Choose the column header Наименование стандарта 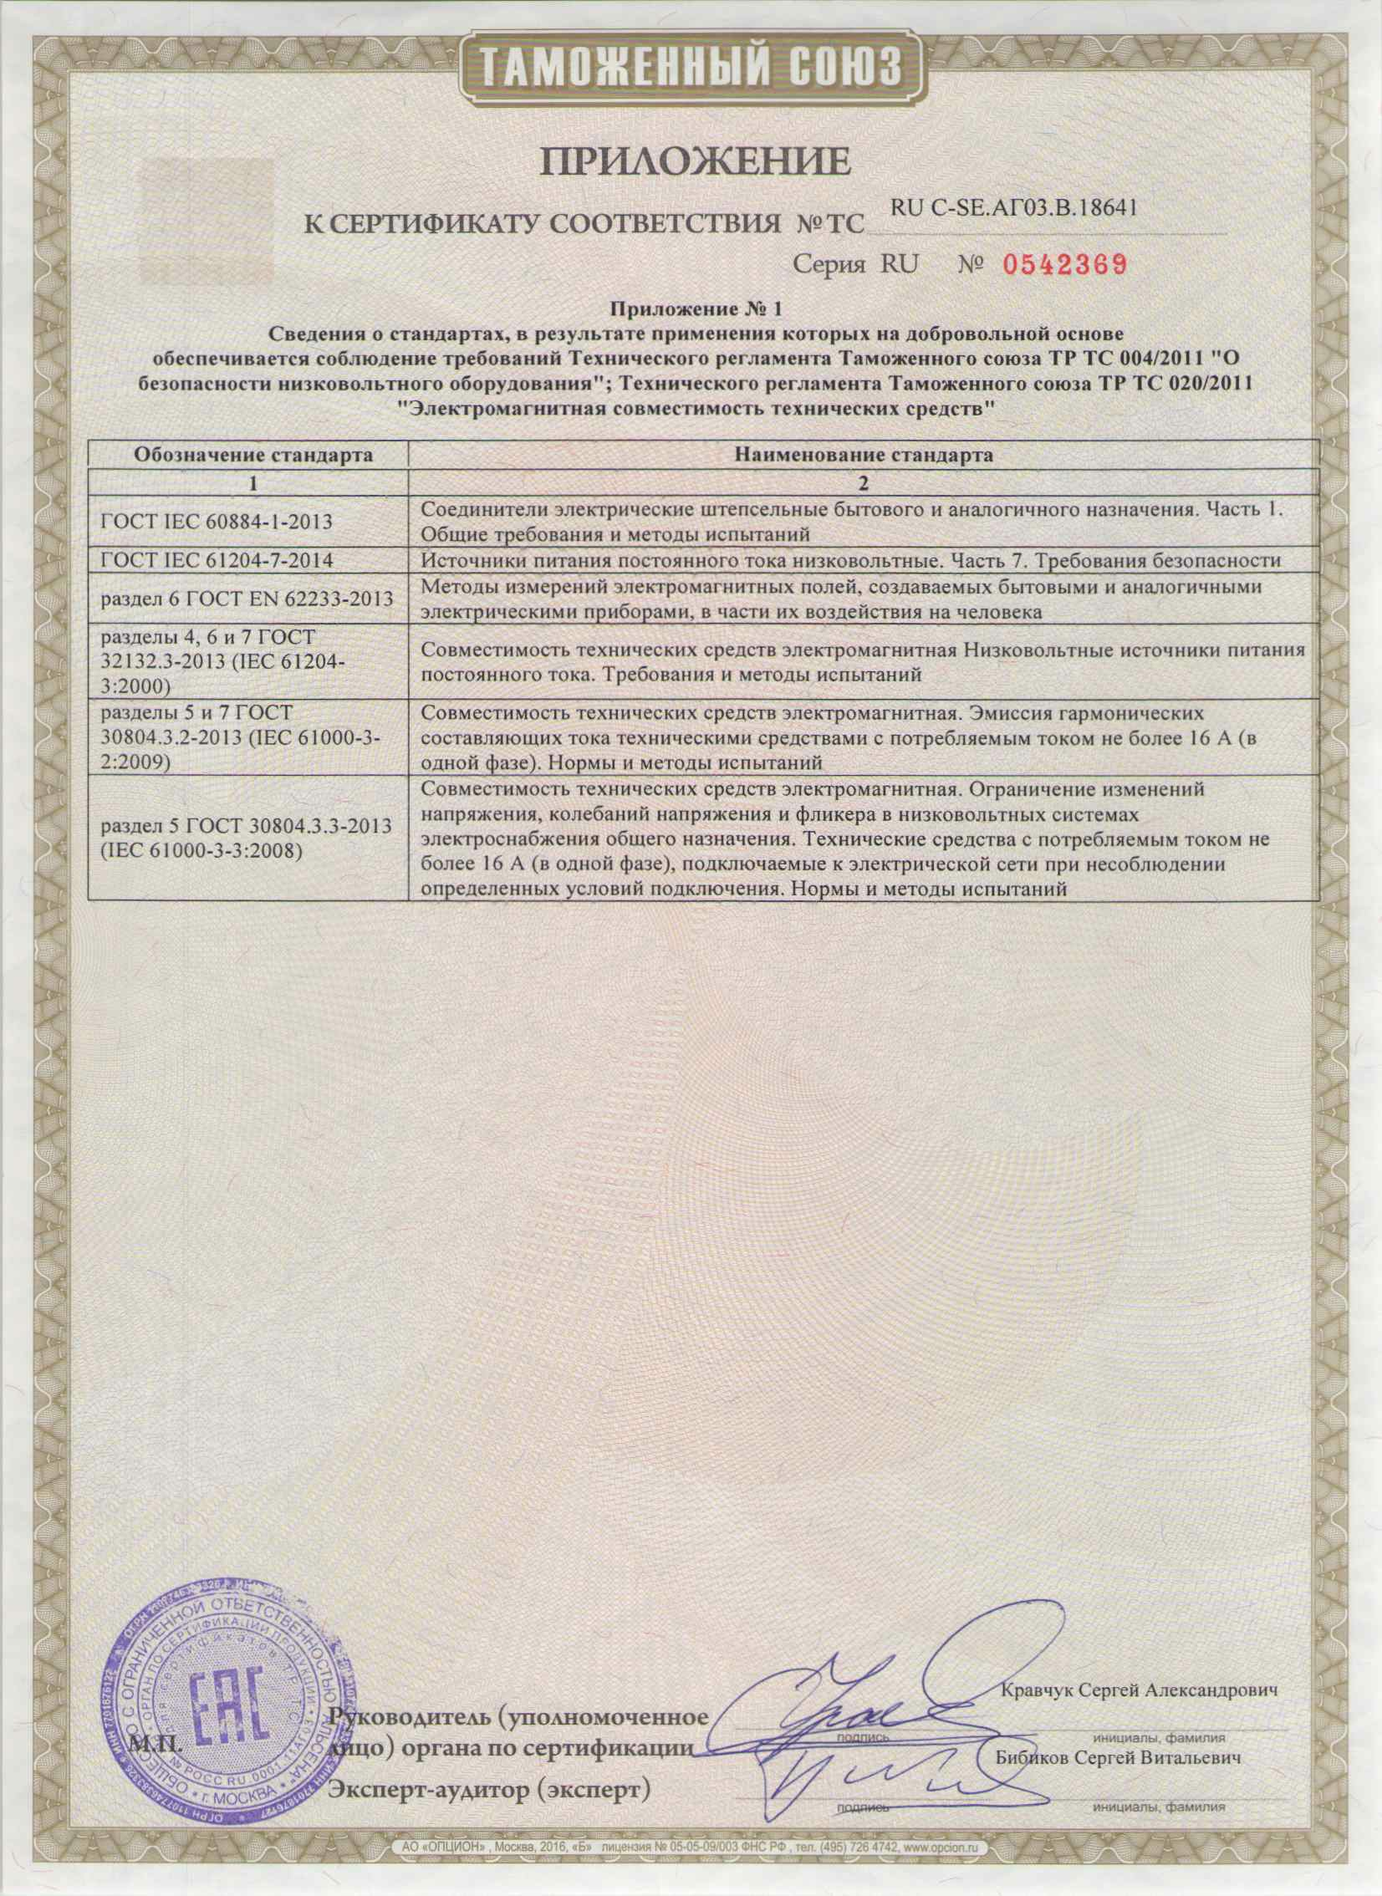864,456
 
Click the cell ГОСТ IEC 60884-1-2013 216,522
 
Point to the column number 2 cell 864,482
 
